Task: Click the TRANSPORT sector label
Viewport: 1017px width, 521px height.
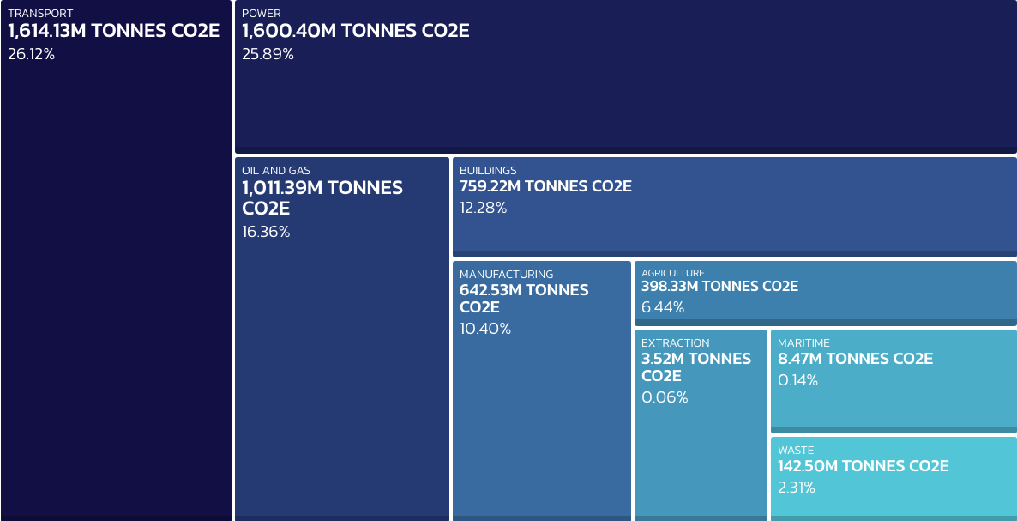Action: pyautogui.click(x=40, y=14)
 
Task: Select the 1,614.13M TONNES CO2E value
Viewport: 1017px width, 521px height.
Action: pyautogui.click(x=114, y=32)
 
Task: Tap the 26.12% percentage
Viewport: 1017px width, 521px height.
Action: pyautogui.click(x=32, y=54)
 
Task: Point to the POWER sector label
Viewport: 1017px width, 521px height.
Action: pyautogui.click(x=262, y=14)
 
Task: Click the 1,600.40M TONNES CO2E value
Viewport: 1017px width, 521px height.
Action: pyautogui.click(x=356, y=32)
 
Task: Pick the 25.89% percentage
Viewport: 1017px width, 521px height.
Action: pyautogui.click(x=268, y=54)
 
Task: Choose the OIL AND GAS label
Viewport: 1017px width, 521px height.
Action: pyautogui.click(x=276, y=171)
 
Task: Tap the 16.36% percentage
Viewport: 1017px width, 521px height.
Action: pyautogui.click(x=266, y=232)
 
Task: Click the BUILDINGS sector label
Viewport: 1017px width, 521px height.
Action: pyautogui.click(x=488, y=171)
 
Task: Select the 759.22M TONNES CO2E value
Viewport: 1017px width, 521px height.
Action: pyautogui.click(x=545, y=186)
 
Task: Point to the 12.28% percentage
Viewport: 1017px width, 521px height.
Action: pyautogui.click(x=484, y=208)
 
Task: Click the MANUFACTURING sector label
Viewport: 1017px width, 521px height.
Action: pyautogui.click(x=507, y=275)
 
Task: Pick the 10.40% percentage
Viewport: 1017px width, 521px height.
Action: pyautogui.click(x=485, y=329)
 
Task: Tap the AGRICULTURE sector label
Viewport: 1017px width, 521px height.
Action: pyautogui.click(x=673, y=273)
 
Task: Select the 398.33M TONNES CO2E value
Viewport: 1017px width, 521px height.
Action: pyautogui.click(x=719, y=287)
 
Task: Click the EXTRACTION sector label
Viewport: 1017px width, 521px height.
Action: pyautogui.click(x=676, y=343)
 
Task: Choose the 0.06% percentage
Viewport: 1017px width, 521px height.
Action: pyautogui.click(x=665, y=397)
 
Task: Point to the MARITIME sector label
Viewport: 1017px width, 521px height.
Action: pyautogui.click(x=803, y=343)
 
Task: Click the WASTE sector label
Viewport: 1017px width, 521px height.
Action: pyautogui.click(x=796, y=451)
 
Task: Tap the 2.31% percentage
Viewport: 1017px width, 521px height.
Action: pyautogui.click(x=797, y=488)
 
